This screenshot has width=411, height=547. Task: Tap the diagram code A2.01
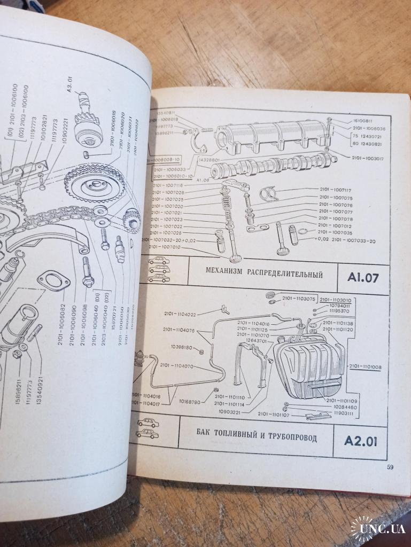click(x=360, y=441)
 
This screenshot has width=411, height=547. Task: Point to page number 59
click(x=390, y=467)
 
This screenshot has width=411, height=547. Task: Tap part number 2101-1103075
click(x=298, y=299)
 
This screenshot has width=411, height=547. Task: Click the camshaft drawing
click(x=267, y=167)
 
